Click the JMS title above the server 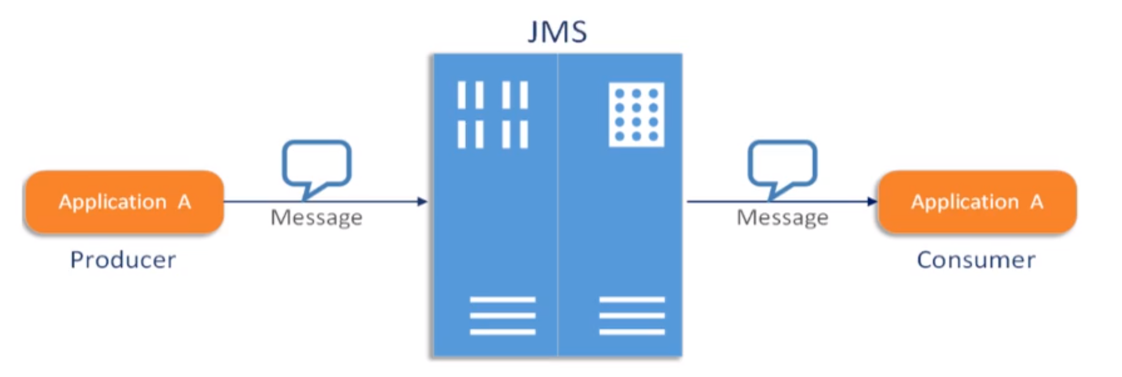click(x=557, y=32)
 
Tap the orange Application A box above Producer click(x=125, y=201)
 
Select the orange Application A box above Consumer click(x=977, y=201)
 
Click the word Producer click(x=123, y=260)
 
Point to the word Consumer click(x=976, y=260)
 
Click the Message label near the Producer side click(x=317, y=217)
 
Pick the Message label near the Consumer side click(x=783, y=217)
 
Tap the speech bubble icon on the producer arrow click(x=317, y=164)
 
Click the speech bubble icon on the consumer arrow click(x=782, y=164)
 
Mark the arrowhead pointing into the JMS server click(x=423, y=201)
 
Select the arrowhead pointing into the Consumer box click(x=873, y=201)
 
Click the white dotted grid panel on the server click(x=636, y=115)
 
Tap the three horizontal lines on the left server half click(x=502, y=316)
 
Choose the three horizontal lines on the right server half click(x=632, y=316)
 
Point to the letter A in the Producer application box click(x=184, y=201)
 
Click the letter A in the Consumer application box click(x=1036, y=201)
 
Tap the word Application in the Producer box click(x=112, y=202)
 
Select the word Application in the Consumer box click(x=965, y=202)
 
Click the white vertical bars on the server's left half click(x=493, y=115)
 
